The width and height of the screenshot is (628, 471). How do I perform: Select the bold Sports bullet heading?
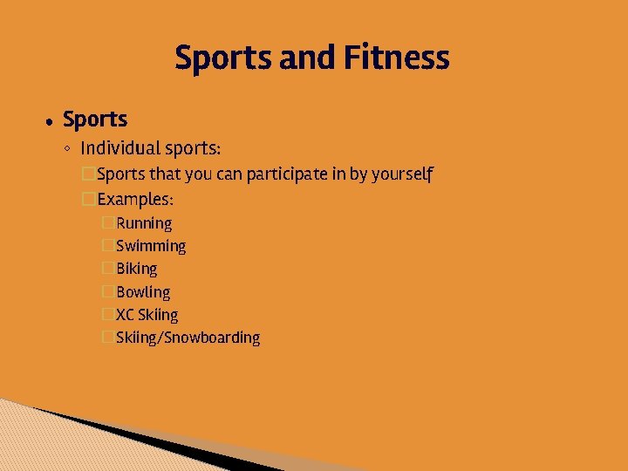tap(95, 119)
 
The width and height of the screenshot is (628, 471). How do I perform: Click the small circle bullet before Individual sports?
tap(68, 149)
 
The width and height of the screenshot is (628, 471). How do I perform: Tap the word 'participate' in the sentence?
tap(287, 174)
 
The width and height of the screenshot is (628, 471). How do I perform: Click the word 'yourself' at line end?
tap(402, 174)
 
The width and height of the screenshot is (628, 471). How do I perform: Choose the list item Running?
tap(144, 224)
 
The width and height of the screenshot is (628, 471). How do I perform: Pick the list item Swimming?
tap(151, 247)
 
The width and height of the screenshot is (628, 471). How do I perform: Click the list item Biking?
tap(137, 269)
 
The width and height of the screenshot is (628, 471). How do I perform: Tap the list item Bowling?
tap(143, 292)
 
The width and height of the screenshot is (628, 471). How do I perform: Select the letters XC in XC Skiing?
tap(125, 315)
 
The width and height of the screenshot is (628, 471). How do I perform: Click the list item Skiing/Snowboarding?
tap(188, 338)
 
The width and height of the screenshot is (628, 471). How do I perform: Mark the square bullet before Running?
tap(108, 224)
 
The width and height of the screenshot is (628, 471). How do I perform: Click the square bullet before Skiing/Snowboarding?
tap(108, 338)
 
